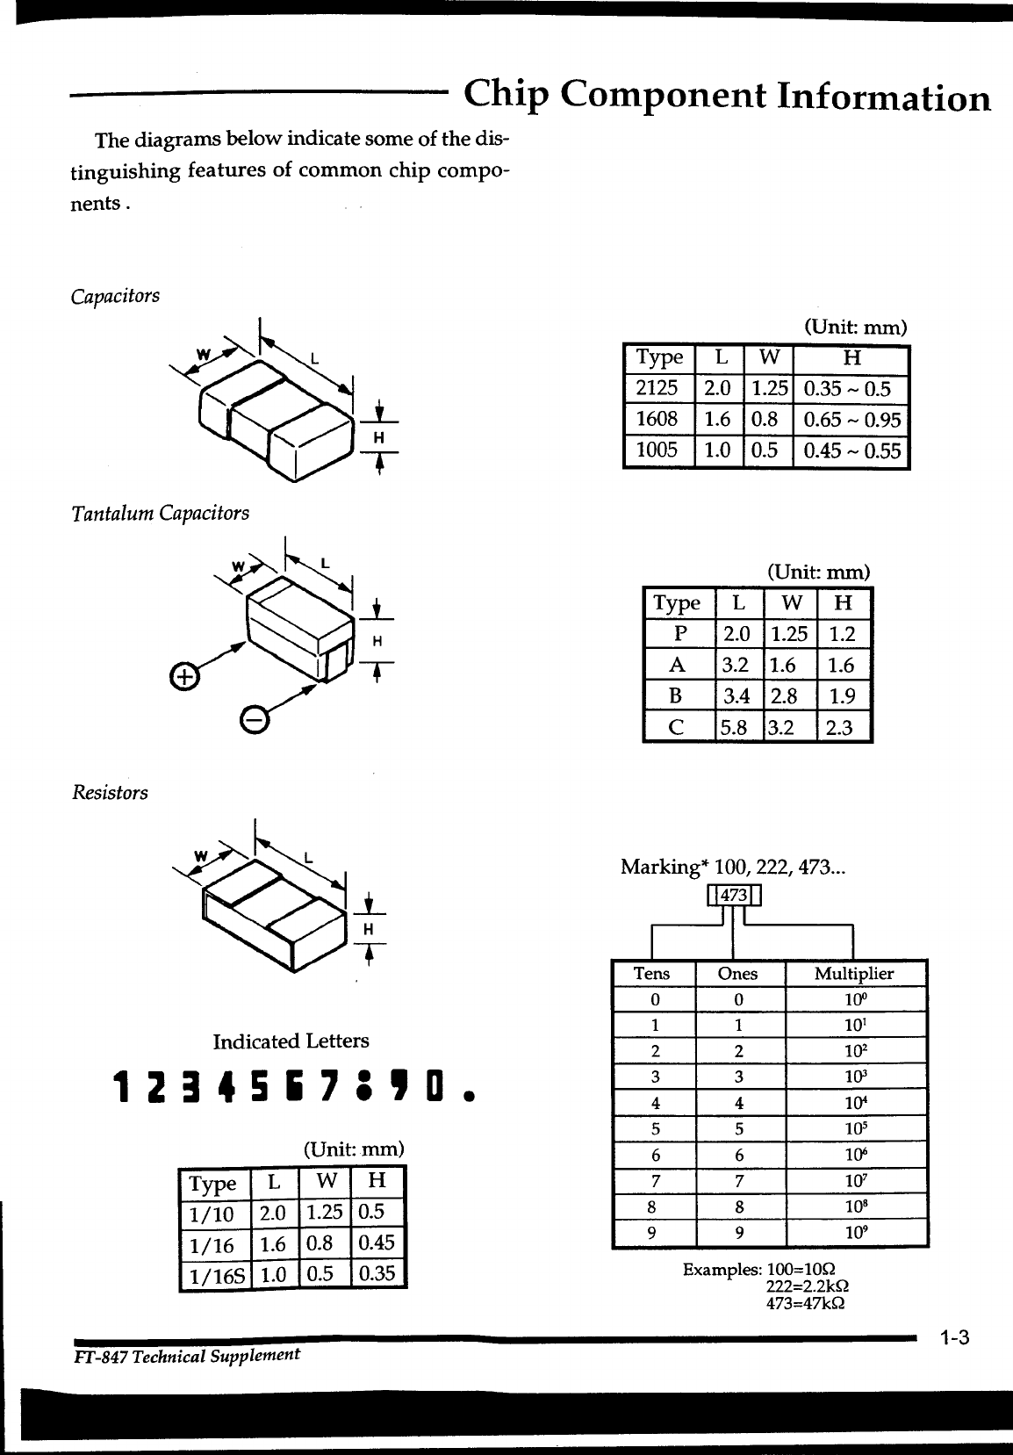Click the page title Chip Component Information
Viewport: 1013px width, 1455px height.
[727, 96]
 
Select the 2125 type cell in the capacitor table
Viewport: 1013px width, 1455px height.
[657, 388]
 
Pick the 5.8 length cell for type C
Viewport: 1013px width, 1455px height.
[738, 727]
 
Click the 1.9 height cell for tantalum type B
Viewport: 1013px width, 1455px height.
[841, 696]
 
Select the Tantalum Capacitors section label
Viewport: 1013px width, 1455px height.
[160, 513]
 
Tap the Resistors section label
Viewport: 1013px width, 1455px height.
[109, 793]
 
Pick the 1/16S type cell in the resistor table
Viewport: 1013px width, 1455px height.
[214, 1275]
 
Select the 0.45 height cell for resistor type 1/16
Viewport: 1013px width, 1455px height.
[377, 1243]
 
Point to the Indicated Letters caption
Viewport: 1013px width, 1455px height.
[291, 1041]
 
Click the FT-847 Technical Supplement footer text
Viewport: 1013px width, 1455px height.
[186, 1355]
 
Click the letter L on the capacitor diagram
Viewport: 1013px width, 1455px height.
[313, 359]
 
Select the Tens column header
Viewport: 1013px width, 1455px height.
[651, 973]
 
